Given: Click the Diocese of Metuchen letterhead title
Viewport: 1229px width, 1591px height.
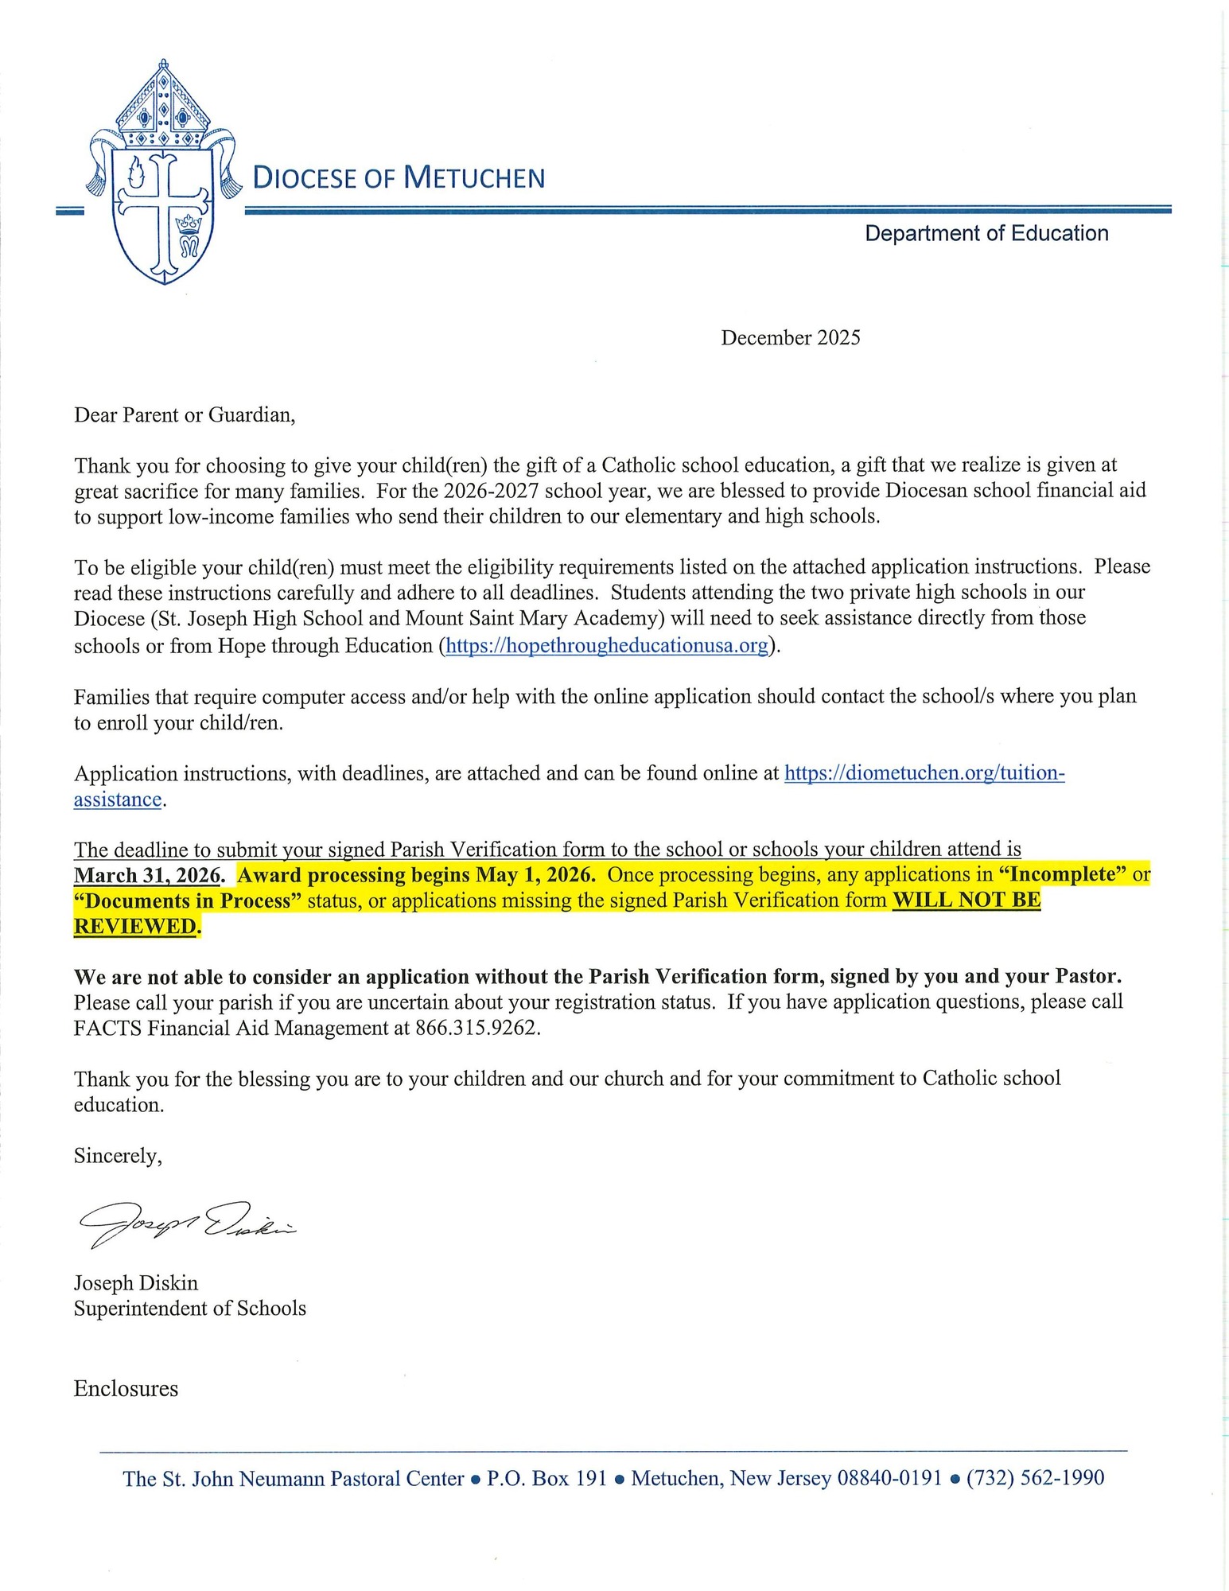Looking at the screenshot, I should [x=399, y=177].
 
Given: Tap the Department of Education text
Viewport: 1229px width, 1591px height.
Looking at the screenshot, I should [x=986, y=233].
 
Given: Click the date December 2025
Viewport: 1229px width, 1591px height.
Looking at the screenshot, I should [x=790, y=337].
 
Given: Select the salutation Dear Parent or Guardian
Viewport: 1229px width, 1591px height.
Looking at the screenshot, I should [x=185, y=414].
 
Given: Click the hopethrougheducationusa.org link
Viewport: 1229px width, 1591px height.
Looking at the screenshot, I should [x=606, y=645].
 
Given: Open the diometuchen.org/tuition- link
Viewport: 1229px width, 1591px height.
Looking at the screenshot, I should [x=924, y=772].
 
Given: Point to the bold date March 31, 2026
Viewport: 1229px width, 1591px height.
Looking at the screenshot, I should [x=146, y=875].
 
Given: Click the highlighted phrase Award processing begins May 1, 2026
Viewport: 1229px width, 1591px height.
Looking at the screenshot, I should [x=416, y=875].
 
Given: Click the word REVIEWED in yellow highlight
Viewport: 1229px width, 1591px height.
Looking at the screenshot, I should [x=134, y=927].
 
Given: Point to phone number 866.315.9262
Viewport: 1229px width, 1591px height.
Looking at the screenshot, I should [x=477, y=1028].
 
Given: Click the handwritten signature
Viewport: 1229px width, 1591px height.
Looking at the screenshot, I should [x=187, y=1223].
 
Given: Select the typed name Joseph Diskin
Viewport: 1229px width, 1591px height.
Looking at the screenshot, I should [x=136, y=1282].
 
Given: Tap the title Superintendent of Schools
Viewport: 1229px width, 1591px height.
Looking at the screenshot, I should [x=189, y=1308].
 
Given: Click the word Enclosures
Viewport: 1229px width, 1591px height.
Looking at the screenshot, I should [x=126, y=1388].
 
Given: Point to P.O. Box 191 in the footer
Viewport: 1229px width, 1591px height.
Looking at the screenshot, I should [x=546, y=1478].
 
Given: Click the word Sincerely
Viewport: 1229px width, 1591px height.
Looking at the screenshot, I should [x=118, y=1155].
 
